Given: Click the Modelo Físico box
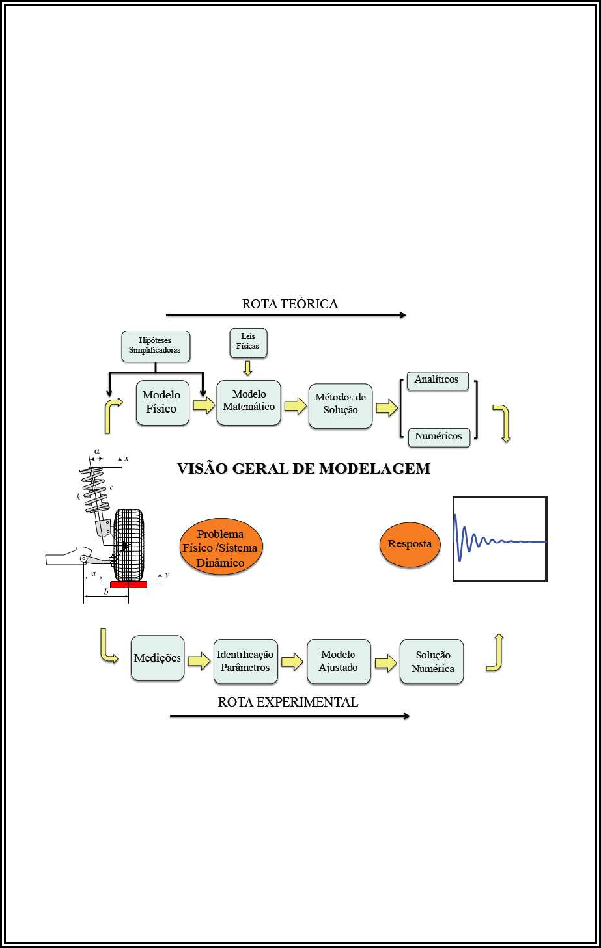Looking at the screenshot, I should tap(162, 403).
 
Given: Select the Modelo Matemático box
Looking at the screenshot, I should tap(249, 401).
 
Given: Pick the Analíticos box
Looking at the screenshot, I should tap(437, 380).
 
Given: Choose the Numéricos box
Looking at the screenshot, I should tap(438, 437).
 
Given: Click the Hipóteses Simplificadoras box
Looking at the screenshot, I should tap(155, 346).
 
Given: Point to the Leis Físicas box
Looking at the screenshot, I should tap(248, 342).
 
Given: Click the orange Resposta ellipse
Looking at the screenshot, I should tap(410, 545).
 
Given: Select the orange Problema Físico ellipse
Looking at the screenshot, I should tap(221, 548).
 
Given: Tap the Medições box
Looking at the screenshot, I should tap(158, 658).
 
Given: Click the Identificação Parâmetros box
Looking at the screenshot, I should tap(245, 661).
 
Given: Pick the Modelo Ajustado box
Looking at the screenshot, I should tap(339, 661).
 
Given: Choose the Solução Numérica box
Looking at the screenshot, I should tap(432, 662).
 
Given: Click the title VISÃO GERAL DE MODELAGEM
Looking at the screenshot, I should tap(303, 468).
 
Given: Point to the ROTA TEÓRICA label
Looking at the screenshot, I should tap(290, 304).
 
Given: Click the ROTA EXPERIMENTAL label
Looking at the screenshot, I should tap(288, 702).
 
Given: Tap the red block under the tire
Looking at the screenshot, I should tap(128, 584).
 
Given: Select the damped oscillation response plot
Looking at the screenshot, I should tap(499, 539).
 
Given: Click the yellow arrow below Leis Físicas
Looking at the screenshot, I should tap(247, 368).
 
